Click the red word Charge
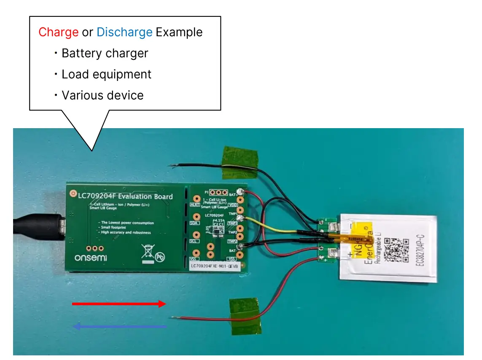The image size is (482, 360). [x=58, y=32]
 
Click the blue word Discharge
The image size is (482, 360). [x=124, y=32]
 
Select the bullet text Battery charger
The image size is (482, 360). [x=105, y=54]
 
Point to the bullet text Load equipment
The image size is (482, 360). [x=106, y=75]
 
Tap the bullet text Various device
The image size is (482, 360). [x=102, y=96]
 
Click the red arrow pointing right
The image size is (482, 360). [x=119, y=304]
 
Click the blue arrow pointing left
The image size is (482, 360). [x=120, y=326]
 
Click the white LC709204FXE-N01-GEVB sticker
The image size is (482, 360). [x=214, y=266]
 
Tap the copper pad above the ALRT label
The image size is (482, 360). [x=196, y=199]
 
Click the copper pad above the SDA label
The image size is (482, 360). [x=196, y=217]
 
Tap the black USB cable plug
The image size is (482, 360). [x=38, y=229]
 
